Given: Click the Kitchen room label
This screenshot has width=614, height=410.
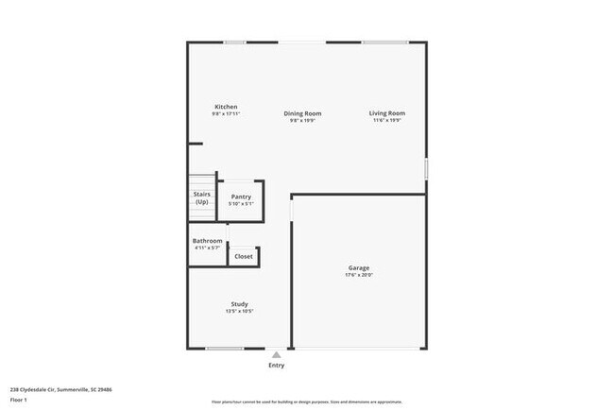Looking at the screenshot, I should [x=226, y=107].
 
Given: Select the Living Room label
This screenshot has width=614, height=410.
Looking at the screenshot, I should [x=387, y=114].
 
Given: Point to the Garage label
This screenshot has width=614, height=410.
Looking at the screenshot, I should [x=358, y=268].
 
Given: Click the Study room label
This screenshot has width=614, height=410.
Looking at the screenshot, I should [x=239, y=304].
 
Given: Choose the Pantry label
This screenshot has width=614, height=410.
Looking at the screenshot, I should [x=241, y=196].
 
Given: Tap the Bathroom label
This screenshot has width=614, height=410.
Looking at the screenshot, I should [x=208, y=241].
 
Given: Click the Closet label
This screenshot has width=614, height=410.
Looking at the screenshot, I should [x=244, y=256].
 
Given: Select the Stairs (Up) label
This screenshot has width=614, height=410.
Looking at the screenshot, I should [x=201, y=198].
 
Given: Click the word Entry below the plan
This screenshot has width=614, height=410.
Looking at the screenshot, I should [x=276, y=365].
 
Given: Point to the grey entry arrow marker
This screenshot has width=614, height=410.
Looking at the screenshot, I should [x=276, y=354].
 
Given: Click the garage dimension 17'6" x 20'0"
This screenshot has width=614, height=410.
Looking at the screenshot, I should [x=358, y=276].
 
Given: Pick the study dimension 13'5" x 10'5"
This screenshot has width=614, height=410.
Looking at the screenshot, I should [x=239, y=312].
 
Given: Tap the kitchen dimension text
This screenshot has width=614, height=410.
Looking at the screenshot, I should [x=226, y=114].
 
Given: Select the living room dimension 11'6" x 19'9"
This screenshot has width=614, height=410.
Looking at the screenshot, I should [x=387, y=121].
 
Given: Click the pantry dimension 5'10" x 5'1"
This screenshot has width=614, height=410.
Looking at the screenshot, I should [x=241, y=204].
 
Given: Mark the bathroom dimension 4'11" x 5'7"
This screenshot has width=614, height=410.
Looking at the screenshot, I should [x=208, y=248].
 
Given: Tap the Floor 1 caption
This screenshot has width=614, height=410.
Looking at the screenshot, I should [x=19, y=400].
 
